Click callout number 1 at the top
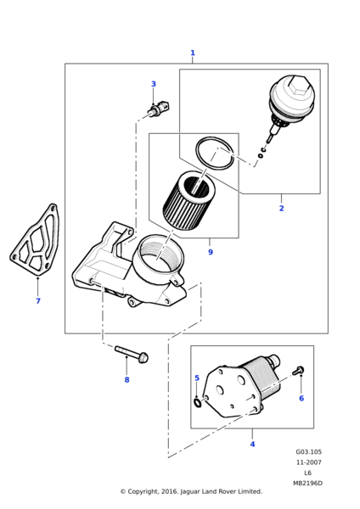193,53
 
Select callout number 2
281,209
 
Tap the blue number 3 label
154,84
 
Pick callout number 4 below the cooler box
252,444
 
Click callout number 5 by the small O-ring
197,378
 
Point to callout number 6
301,399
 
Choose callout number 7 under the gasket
38,301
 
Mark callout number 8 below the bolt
127,380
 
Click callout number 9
211,252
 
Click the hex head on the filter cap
296,86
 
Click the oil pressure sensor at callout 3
158,109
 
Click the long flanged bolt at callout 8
132,354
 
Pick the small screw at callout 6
298,371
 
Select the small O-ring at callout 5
197,403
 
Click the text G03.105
308,452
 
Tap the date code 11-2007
308,462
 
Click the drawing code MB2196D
307,484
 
